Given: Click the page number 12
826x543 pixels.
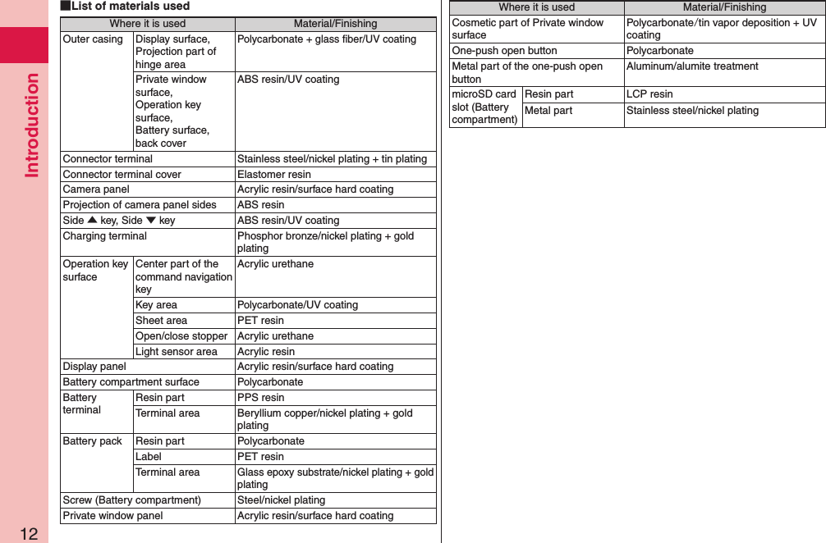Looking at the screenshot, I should pyautogui.click(x=29, y=534).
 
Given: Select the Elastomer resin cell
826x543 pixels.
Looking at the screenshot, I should pyautogui.click(x=274, y=174).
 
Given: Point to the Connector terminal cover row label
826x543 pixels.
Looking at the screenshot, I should pyautogui.click(x=122, y=174).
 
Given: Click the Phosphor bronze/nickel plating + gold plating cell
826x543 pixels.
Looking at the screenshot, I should pyautogui.click(x=326, y=242).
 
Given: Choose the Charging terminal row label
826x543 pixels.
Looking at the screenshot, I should pyautogui.click(x=105, y=236).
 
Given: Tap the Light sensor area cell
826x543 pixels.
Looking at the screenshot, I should pyautogui.click(x=177, y=352).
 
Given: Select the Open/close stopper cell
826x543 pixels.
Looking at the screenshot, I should pyautogui.click(x=181, y=336).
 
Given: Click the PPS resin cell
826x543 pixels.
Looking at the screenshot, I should pyautogui.click(x=261, y=398).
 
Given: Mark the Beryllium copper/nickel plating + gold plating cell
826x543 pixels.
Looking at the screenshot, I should pyautogui.click(x=325, y=419).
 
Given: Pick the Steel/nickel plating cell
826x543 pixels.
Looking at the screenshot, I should pyautogui.click(x=281, y=500).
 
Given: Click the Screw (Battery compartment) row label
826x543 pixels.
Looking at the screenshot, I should pyautogui.click(x=132, y=500).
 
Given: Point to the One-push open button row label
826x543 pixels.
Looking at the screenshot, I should pyautogui.click(x=505, y=51).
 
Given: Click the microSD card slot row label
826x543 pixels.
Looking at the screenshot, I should pyautogui.click(x=484, y=107).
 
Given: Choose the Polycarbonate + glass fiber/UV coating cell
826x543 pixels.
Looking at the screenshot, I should pyautogui.click(x=327, y=39).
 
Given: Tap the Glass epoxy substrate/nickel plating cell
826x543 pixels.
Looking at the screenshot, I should pyautogui.click(x=335, y=478).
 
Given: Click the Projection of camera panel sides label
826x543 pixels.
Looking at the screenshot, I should pyautogui.click(x=140, y=205).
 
